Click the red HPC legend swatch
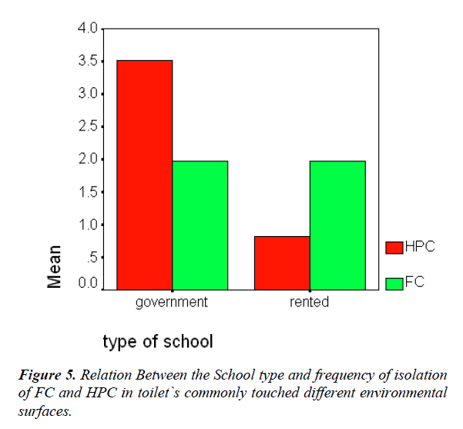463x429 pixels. point(394,247)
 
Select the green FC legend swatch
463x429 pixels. point(394,283)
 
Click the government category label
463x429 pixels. point(172,302)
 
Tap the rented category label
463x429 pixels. point(309,302)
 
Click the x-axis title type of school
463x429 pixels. point(158,340)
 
